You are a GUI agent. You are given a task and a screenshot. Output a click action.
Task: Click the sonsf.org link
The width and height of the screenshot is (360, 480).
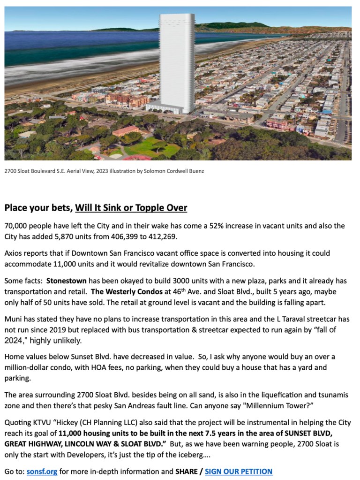tap(42, 471)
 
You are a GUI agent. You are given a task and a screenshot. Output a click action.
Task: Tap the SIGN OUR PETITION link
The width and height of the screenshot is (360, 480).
tap(238, 471)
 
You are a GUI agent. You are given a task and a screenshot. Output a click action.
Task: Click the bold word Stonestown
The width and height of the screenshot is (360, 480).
tap(66, 281)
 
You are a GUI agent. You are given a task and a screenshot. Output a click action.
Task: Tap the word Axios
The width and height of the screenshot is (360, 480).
tap(14, 253)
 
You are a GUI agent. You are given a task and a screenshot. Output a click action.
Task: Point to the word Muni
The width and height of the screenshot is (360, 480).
tap(14, 319)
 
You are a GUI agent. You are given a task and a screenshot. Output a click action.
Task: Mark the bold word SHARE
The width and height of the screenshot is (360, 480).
tap(187, 471)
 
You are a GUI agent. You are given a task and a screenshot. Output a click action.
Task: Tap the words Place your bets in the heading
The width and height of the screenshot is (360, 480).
tap(37, 207)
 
